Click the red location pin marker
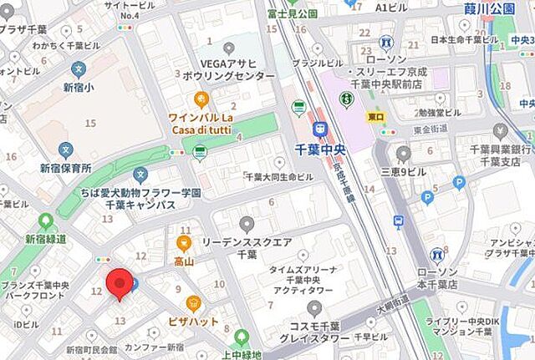click(120, 282)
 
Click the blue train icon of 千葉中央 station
click(319, 129)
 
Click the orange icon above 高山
click(184, 243)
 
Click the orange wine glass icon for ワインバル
click(201, 99)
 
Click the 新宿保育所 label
click(65, 168)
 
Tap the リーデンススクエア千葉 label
click(247, 247)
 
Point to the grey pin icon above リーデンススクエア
click(247, 223)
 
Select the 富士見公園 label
click(293, 13)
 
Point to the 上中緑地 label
click(239, 355)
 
